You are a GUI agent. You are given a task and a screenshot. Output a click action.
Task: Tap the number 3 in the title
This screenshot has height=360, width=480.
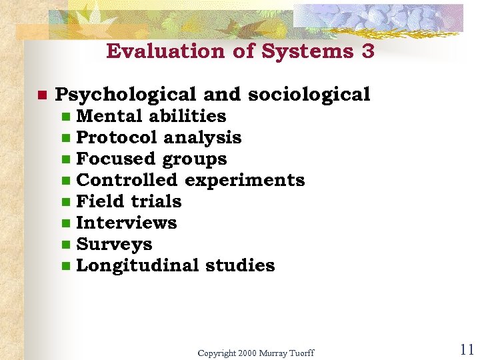tap(369, 51)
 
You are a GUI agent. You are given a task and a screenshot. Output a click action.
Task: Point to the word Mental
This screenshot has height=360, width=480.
tap(110, 116)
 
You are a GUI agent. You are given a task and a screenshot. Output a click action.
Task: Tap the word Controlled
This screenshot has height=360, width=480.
tap(127, 180)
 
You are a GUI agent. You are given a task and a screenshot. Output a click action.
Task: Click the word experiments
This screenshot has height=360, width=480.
tap(245, 180)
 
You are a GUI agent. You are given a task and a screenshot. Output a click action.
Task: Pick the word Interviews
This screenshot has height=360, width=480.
tap(127, 223)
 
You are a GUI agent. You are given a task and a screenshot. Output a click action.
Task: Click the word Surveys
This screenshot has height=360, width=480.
tap(114, 245)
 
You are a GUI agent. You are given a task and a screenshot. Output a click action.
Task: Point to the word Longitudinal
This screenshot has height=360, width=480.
tap(138, 265)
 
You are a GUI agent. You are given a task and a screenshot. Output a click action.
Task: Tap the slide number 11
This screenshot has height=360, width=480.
tap(467, 350)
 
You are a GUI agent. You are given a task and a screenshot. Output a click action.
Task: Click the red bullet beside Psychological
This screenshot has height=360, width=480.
tap(41, 95)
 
